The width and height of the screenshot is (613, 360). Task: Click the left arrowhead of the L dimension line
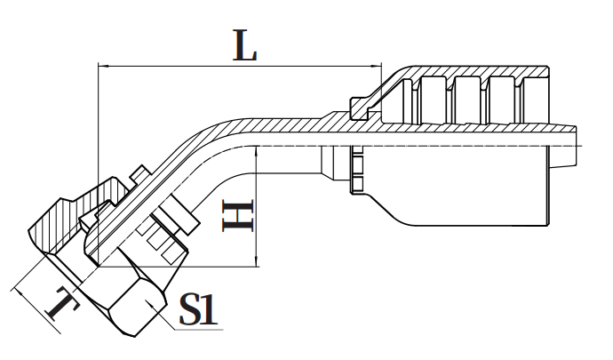click(x=103, y=66)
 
